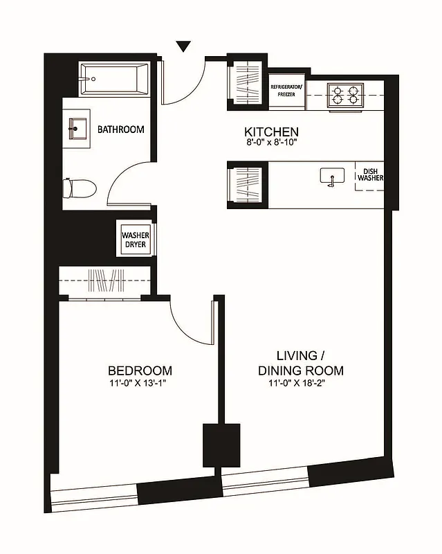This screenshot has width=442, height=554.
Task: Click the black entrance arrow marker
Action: point(183,46)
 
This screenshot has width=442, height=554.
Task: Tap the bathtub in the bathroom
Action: point(115,80)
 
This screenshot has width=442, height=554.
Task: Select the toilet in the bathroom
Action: point(79,188)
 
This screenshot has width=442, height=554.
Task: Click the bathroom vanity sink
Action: point(77,129)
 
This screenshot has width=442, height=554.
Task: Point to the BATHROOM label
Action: point(120,129)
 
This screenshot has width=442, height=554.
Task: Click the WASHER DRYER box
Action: point(136,240)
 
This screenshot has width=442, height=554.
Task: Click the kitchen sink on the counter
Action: point(331,176)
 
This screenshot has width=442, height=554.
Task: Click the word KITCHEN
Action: point(271,132)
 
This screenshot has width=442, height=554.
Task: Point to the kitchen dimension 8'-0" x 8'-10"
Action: point(271,143)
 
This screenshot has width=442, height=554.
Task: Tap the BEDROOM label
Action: point(140,370)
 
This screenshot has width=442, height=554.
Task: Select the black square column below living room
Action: point(221,445)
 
